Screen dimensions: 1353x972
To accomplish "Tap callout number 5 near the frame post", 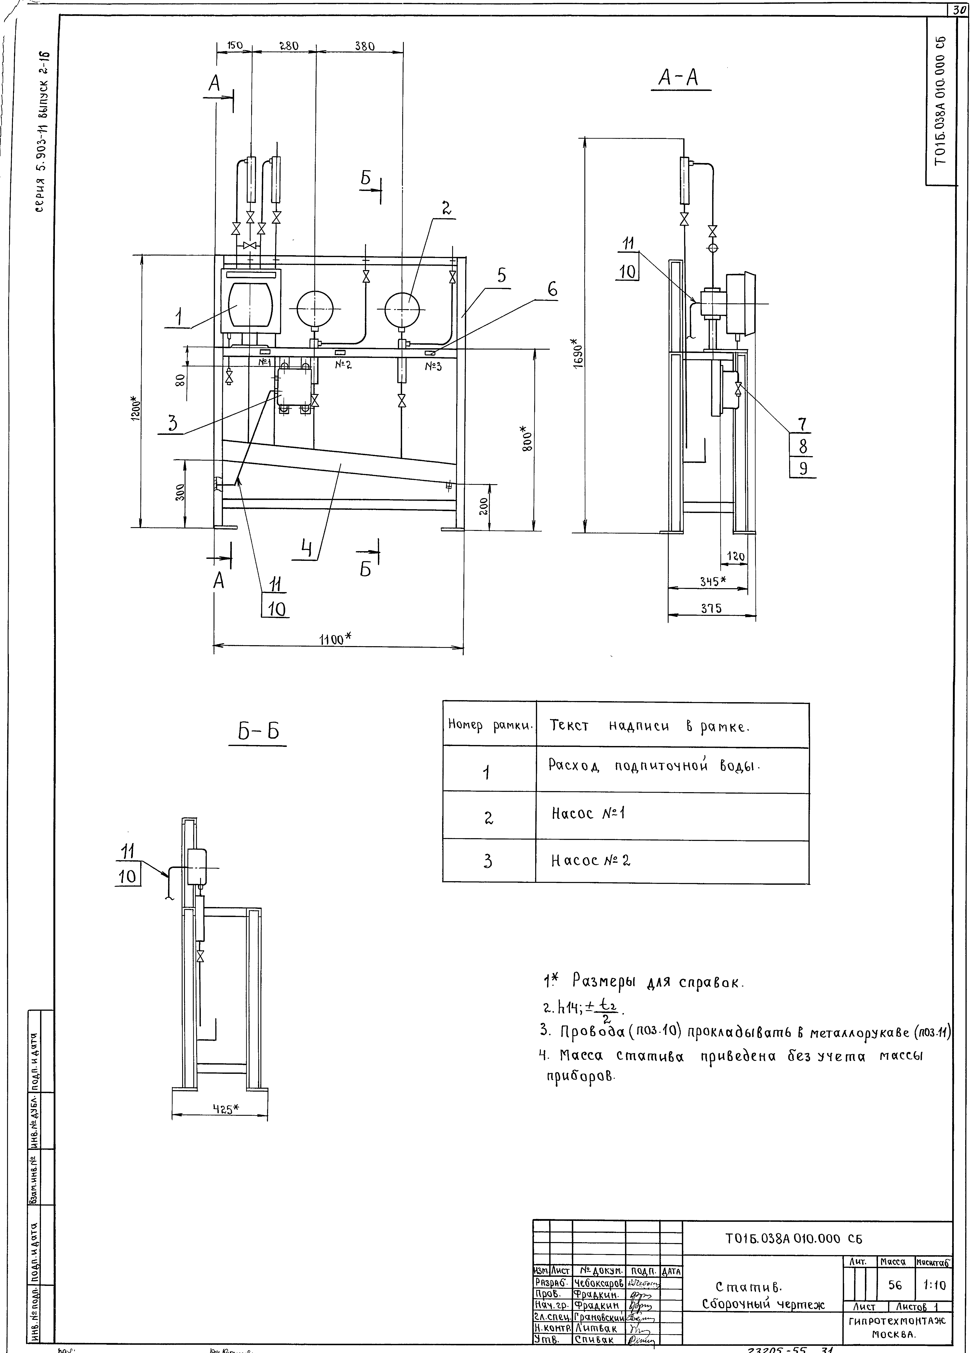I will point(501,276).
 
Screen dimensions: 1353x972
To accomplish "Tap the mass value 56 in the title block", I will point(894,1284).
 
